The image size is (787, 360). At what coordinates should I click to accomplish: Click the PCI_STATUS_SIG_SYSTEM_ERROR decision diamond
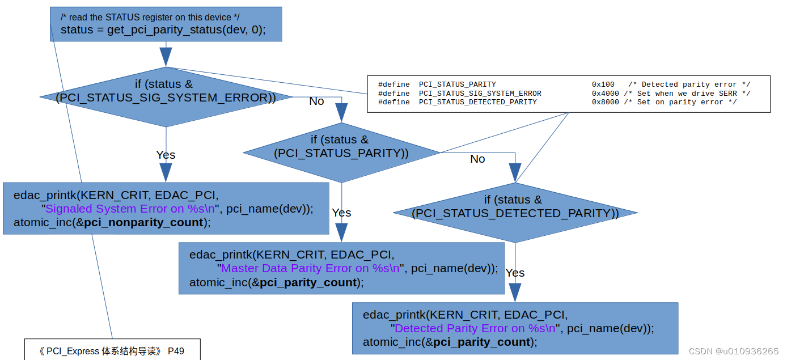(x=166, y=97)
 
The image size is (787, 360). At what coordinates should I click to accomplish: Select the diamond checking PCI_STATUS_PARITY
(x=341, y=153)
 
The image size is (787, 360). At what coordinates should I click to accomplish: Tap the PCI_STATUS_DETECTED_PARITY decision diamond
(x=515, y=213)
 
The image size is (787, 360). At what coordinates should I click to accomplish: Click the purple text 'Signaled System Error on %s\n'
(x=130, y=209)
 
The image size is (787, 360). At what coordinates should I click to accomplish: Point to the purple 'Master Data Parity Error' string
(x=310, y=268)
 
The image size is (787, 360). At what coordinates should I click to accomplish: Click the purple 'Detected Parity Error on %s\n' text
(x=475, y=328)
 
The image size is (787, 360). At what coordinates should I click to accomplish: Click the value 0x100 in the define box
(x=603, y=84)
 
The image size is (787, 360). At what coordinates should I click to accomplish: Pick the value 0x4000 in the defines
(x=605, y=94)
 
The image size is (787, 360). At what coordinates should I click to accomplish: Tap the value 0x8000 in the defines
(x=605, y=102)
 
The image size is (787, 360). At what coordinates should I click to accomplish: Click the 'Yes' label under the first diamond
(x=166, y=155)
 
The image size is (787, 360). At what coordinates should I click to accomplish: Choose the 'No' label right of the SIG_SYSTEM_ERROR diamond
(x=316, y=101)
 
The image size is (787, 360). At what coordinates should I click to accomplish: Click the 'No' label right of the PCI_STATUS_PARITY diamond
(x=477, y=159)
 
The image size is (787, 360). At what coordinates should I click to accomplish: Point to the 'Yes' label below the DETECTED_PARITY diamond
(x=515, y=273)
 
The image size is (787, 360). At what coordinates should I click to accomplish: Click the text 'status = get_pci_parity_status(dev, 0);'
(x=163, y=29)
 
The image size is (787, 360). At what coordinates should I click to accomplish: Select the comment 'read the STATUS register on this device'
(x=150, y=17)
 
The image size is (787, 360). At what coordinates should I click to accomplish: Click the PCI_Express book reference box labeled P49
(x=112, y=350)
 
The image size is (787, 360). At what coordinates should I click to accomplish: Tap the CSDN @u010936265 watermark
(x=733, y=351)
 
